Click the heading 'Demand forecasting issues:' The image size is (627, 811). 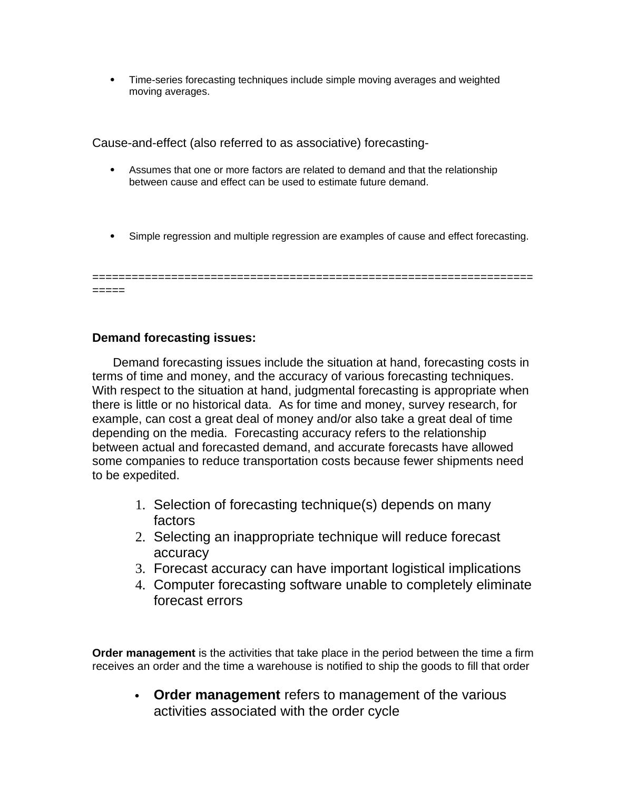coord(174,338)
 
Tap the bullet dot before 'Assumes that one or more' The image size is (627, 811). coord(112,170)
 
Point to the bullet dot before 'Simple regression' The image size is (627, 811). coord(112,236)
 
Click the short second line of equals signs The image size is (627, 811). coord(109,290)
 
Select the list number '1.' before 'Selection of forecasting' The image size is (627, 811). coord(140,505)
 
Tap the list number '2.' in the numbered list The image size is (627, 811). coord(140,537)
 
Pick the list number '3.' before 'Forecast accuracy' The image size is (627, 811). coord(140,569)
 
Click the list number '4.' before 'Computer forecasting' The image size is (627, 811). coord(140,585)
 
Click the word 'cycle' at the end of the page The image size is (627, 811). coord(384,711)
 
